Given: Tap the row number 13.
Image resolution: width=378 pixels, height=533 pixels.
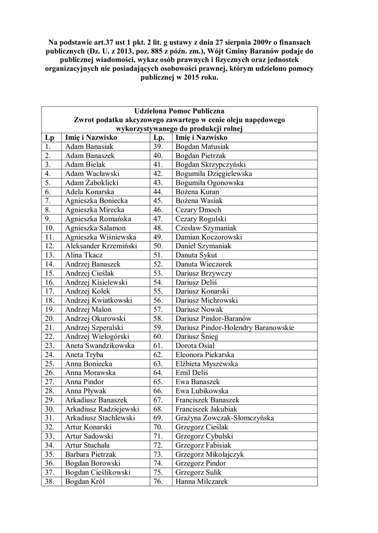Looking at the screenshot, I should (x=50, y=255).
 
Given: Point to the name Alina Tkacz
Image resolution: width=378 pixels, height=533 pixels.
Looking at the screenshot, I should (x=84, y=255).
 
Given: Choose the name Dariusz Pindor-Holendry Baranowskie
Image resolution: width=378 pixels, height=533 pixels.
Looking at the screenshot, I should (x=235, y=328).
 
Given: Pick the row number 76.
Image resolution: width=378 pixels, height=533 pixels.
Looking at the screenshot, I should (x=158, y=481).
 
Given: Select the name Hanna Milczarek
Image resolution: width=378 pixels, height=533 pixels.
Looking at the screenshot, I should (x=202, y=481).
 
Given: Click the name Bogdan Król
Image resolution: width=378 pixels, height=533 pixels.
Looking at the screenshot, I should (x=85, y=481).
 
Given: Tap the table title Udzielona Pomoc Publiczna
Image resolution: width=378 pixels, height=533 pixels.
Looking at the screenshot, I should (x=179, y=111).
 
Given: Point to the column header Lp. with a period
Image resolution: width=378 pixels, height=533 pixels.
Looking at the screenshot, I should (x=159, y=137).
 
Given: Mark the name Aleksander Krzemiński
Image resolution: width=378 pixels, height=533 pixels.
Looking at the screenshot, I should (x=101, y=246).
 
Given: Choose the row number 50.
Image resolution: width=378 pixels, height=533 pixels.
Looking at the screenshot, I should (x=158, y=246).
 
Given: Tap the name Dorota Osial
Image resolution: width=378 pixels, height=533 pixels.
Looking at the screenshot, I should (x=195, y=346).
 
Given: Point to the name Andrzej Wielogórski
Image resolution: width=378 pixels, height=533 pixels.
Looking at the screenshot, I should (x=96, y=337).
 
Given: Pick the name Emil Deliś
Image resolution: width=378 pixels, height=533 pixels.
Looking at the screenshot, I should (x=192, y=373).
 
